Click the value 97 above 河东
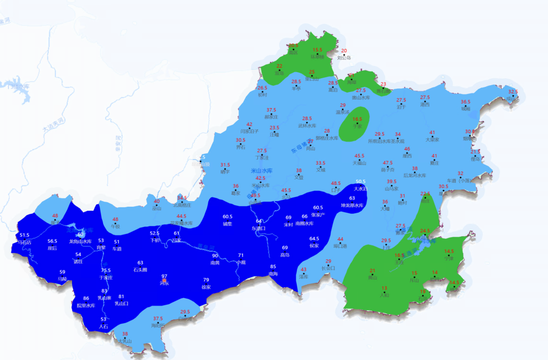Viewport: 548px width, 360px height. point(164,276)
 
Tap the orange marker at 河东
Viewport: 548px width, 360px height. point(164,280)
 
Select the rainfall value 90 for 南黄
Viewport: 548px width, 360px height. point(215,255)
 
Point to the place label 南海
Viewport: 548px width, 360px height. point(273,274)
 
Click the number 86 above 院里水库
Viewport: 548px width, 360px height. point(86,298)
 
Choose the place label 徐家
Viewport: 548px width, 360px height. point(206,287)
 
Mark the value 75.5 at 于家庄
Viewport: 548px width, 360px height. point(106,270)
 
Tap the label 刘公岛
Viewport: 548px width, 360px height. point(344,57)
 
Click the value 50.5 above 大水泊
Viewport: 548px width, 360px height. point(360,181)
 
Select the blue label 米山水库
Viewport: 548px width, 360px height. point(262,171)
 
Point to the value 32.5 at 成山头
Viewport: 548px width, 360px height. point(513,92)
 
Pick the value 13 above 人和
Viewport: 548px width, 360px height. point(384,288)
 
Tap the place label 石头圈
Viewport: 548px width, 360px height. point(140,270)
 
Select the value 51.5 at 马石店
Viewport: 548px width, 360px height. point(24,235)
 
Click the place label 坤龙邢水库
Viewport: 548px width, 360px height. point(352,205)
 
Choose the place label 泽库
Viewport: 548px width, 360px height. point(303,277)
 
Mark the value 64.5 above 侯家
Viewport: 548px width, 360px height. point(314,239)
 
